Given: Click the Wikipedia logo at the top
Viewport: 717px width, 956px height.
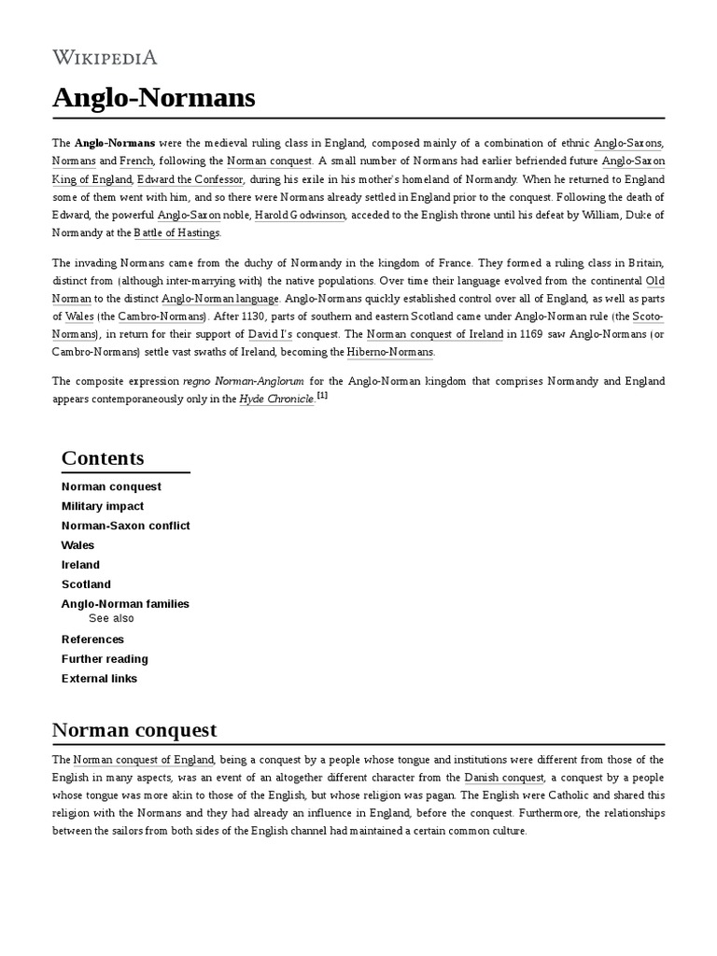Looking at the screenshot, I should pyautogui.click(x=105, y=57).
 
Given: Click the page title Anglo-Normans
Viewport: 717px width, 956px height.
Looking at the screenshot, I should pyautogui.click(x=153, y=97).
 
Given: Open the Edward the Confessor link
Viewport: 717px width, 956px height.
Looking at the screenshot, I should pyautogui.click(x=190, y=179).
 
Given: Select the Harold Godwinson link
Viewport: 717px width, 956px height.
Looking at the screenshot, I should pyautogui.click(x=300, y=215).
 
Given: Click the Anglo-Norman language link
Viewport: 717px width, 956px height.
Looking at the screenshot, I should pyautogui.click(x=220, y=299).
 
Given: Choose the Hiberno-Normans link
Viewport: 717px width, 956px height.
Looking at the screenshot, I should pyautogui.click(x=390, y=352).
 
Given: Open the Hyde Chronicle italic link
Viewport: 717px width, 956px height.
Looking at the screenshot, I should pyautogui.click(x=276, y=399).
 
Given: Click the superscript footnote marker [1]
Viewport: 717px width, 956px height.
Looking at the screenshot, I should pyautogui.click(x=322, y=395).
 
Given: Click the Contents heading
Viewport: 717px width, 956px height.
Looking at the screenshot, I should pyautogui.click(x=103, y=458).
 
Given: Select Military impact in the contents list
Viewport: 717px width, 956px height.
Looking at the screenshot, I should pyautogui.click(x=103, y=506).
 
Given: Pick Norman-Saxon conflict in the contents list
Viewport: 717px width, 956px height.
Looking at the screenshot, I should pyautogui.click(x=125, y=526).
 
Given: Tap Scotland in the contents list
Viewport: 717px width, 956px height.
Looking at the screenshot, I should pyautogui.click(x=86, y=584).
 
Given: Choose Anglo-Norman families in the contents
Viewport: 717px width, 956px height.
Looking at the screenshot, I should pyautogui.click(x=125, y=604).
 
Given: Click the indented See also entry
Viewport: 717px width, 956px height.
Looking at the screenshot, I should pyautogui.click(x=111, y=618).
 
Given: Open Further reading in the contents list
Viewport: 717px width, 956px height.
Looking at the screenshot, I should pyautogui.click(x=105, y=659).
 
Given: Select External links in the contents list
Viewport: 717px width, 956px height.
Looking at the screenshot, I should pyautogui.click(x=99, y=679).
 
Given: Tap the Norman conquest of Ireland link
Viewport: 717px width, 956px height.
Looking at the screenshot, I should pyautogui.click(x=435, y=334).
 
